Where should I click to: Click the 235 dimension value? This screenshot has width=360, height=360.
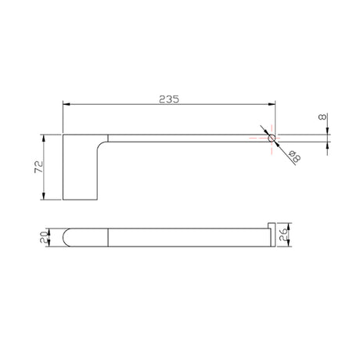coord(169,99)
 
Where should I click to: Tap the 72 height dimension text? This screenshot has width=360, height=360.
coord(38,167)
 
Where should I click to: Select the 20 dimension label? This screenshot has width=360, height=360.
coord(44,237)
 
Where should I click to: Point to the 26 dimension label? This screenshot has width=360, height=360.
coord(283,235)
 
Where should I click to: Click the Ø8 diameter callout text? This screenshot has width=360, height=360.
coord(295,156)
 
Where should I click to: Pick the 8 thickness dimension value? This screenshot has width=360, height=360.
coord(322,117)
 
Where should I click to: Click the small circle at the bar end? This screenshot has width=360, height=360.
coord(272,138)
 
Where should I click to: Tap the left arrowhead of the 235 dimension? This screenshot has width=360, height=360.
coord(67,104)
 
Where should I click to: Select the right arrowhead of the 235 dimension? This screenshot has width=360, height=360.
coord(272,104)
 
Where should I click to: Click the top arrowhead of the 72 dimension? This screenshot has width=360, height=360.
coord(44,139)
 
